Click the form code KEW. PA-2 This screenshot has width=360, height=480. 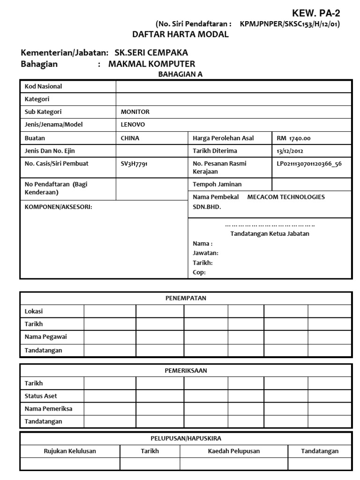(316, 13)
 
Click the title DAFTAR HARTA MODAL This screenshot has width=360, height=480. (180, 34)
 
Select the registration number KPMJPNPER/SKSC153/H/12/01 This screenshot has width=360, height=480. (290, 24)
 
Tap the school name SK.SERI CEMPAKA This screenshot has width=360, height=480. (148, 53)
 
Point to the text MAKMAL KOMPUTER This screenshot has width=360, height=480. (152, 64)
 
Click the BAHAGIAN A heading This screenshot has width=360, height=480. (180, 74)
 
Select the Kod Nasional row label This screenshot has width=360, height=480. (43, 86)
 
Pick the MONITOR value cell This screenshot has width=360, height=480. (135, 112)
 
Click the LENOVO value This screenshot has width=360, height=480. (133, 125)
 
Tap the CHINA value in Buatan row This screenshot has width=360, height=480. (130, 138)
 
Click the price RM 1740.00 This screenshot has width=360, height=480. (293, 138)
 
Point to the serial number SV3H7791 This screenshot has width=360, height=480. (134, 164)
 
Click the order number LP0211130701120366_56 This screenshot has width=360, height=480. (309, 164)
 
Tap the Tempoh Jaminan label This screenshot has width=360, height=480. (217, 184)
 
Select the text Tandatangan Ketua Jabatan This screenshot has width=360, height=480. (270, 233)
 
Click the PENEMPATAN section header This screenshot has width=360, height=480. (186, 298)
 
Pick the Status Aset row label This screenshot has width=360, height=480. (41, 396)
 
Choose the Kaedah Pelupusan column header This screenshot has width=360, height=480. (234, 451)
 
